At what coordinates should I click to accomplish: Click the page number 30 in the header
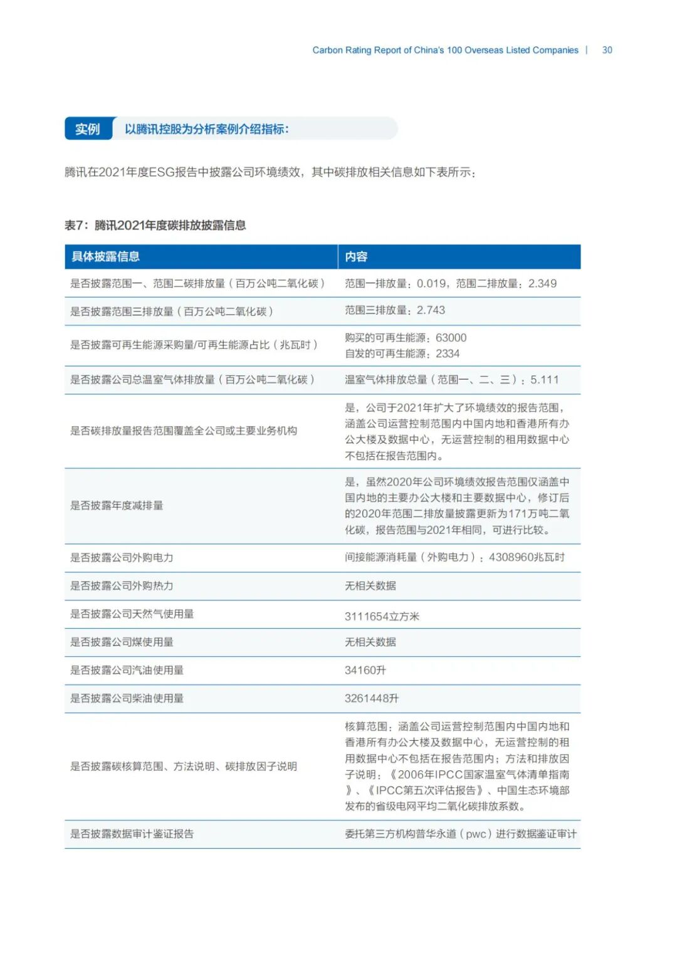[x=607, y=50]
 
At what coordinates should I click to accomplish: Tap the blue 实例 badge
[x=88, y=129]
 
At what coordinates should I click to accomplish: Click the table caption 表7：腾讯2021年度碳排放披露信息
[x=155, y=226]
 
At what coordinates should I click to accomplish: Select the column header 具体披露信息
[x=105, y=256]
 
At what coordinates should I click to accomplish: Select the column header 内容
[x=356, y=256]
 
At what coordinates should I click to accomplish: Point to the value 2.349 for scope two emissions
[x=542, y=283]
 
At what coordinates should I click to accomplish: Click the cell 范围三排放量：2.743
[x=395, y=310]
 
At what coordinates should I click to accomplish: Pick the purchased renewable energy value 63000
[x=451, y=338]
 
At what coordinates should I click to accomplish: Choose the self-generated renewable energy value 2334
[x=448, y=353]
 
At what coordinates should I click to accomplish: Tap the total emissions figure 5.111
[x=544, y=380]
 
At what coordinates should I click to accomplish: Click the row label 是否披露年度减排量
[x=117, y=505]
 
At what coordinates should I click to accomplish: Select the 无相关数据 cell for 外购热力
[x=370, y=585]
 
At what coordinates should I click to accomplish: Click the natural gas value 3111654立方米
[x=382, y=616]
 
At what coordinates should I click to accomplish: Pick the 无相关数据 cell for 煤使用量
[x=370, y=642]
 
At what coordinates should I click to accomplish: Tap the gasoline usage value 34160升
[x=365, y=670]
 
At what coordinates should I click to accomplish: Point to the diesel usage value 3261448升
[x=372, y=698]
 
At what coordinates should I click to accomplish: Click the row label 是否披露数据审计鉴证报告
[x=132, y=834]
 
